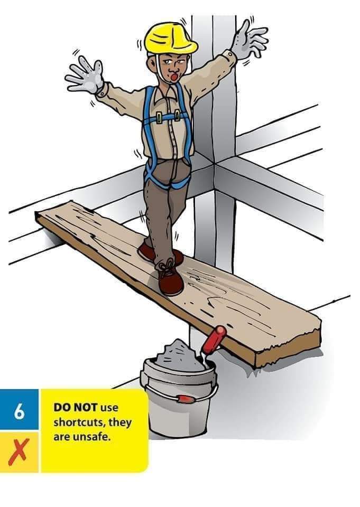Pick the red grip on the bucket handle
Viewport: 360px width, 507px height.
pyautogui.click(x=184, y=398)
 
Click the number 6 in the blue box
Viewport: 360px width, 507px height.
pyautogui.click(x=19, y=410)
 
